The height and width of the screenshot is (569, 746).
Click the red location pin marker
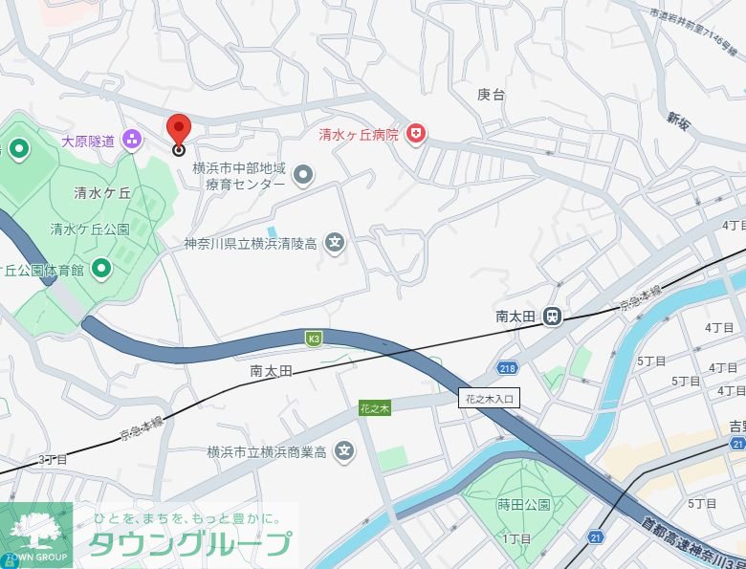(179, 131)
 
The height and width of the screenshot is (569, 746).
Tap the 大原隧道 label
(88, 141)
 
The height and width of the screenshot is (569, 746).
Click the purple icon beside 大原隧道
(131, 141)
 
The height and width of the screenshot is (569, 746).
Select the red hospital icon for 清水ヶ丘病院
(415, 135)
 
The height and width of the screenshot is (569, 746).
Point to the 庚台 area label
(491, 94)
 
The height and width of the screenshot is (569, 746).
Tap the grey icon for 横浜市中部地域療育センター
(303, 174)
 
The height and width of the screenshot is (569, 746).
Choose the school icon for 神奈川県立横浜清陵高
(335, 243)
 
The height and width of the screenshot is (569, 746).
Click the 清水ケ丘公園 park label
(90, 230)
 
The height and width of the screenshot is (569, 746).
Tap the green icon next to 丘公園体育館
(100, 270)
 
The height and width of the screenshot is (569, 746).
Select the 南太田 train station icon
(552, 317)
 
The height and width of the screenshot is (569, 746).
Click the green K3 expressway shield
(314, 338)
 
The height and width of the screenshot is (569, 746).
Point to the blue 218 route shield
(507, 368)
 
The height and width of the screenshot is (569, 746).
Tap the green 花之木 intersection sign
(375, 408)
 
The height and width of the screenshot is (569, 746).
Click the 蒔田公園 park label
(524, 505)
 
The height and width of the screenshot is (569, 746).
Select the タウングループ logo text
(189, 543)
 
